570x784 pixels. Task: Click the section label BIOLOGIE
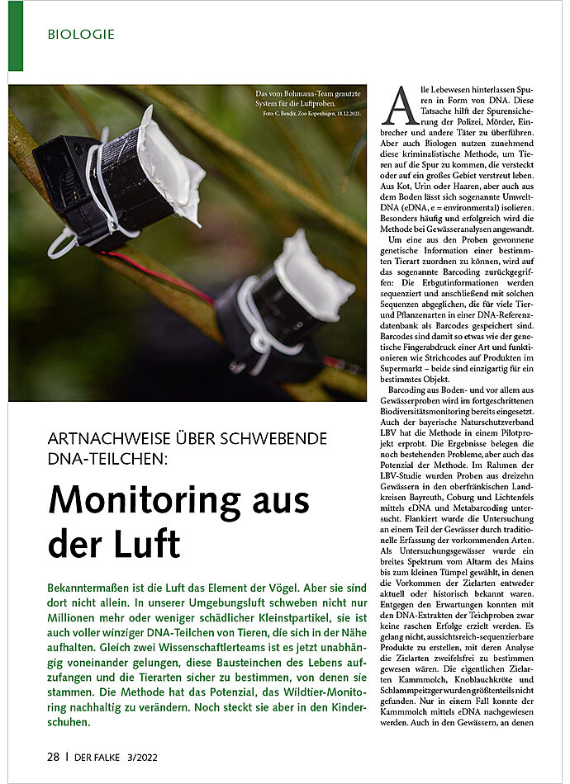81,35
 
